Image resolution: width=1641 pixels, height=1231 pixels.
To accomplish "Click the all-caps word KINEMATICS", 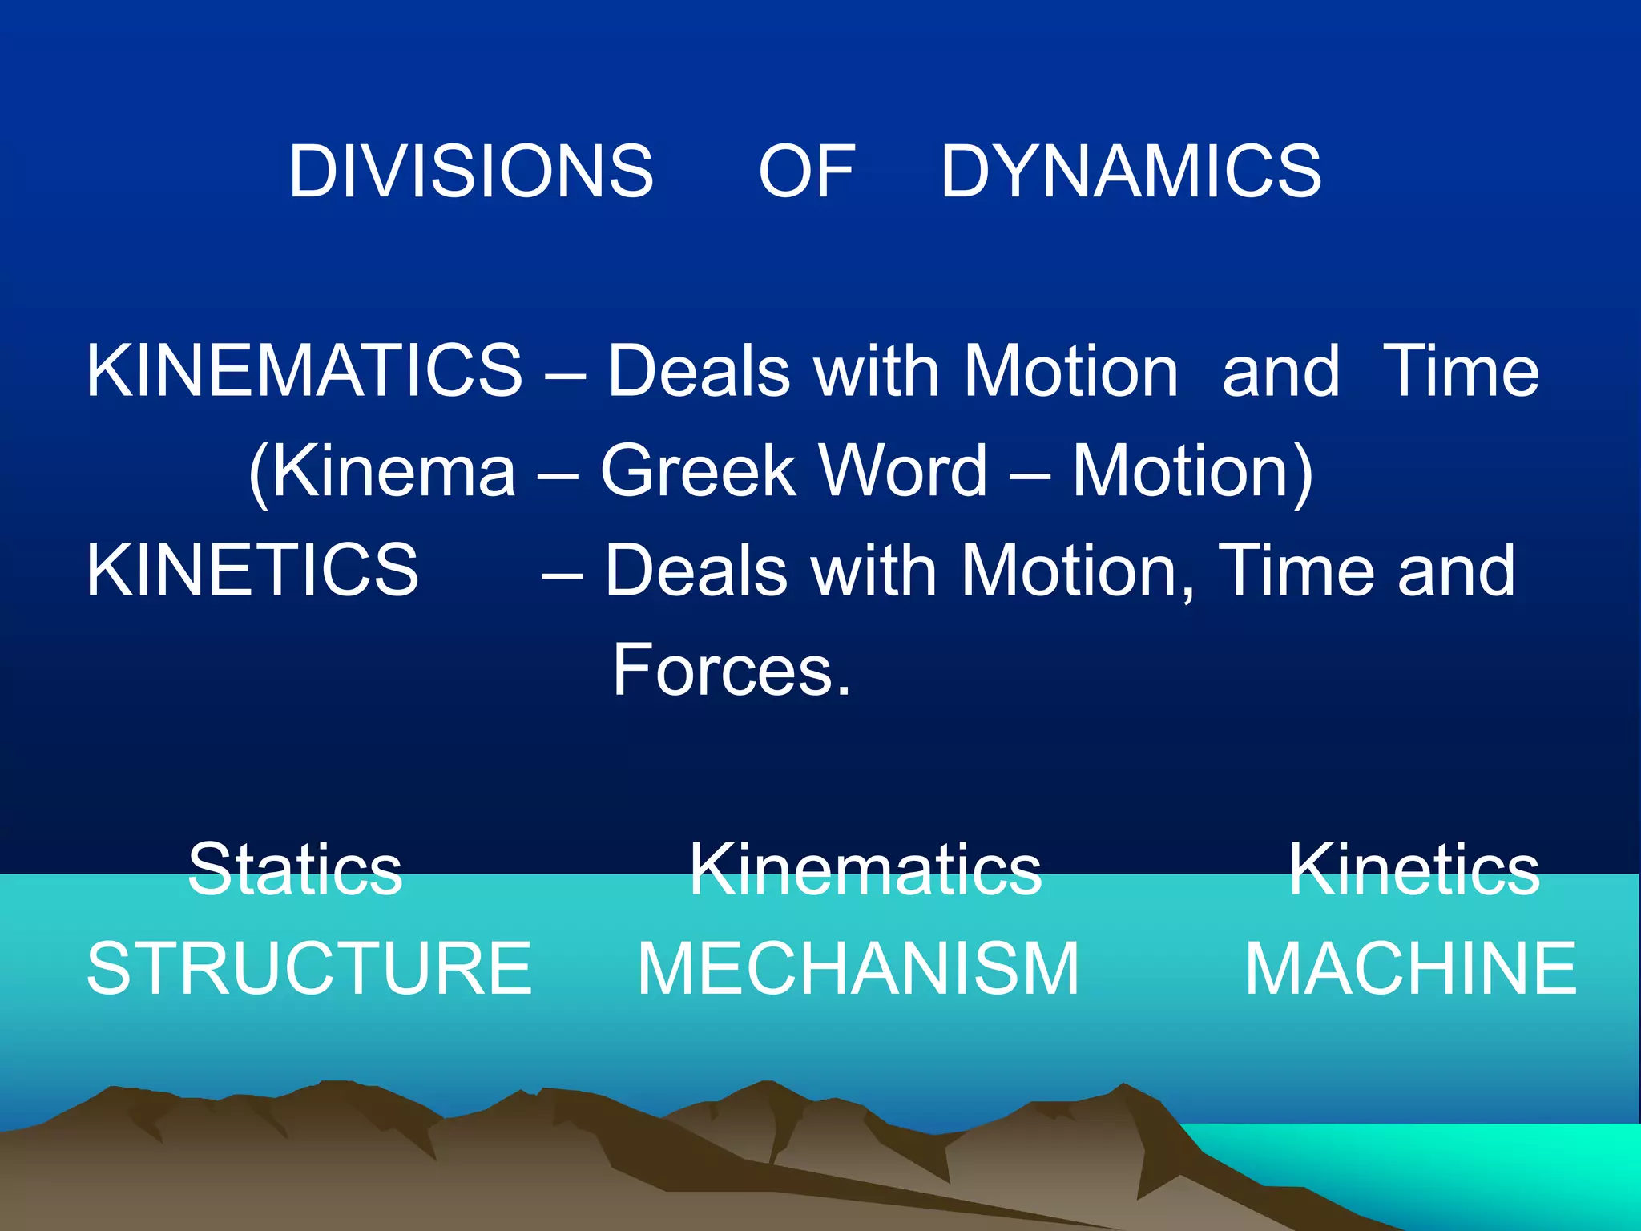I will [304, 370].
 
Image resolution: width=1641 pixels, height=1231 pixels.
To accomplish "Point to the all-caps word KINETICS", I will [252, 570].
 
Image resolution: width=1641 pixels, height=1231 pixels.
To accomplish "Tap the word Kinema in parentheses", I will [383, 471].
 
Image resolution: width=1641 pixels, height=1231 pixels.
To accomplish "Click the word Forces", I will [731, 670].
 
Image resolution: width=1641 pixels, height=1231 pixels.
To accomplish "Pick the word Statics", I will [295, 870].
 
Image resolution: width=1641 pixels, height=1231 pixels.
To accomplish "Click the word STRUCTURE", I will [309, 969].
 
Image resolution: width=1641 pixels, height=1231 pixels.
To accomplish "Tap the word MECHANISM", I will [858, 969].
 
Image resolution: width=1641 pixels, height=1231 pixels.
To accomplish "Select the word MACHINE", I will [1410, 969].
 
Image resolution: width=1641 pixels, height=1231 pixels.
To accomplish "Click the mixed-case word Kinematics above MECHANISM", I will [865, 870].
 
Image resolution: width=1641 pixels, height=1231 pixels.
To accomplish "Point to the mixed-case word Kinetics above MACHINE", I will [1413, 870].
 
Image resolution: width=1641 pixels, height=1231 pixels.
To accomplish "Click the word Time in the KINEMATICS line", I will [1461, 370].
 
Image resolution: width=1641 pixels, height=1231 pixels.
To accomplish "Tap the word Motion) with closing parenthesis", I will [1192, 471].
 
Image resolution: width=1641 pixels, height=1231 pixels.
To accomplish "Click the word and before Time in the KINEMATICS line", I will [1280, 370].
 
